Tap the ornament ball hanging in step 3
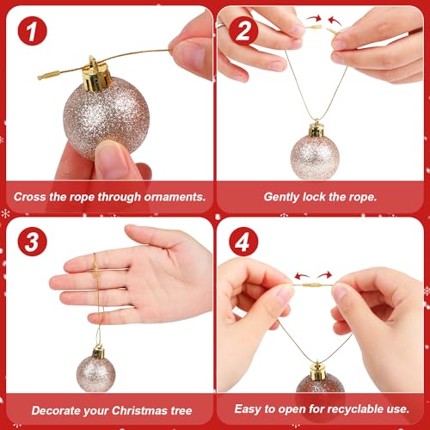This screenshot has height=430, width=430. pyautogui.click(x=97, y=369)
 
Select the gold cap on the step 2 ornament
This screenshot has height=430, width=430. pyautogui.click(x=316, y=130)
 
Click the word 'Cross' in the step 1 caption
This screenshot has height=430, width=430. pyautogui.click(x=32, y=197)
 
